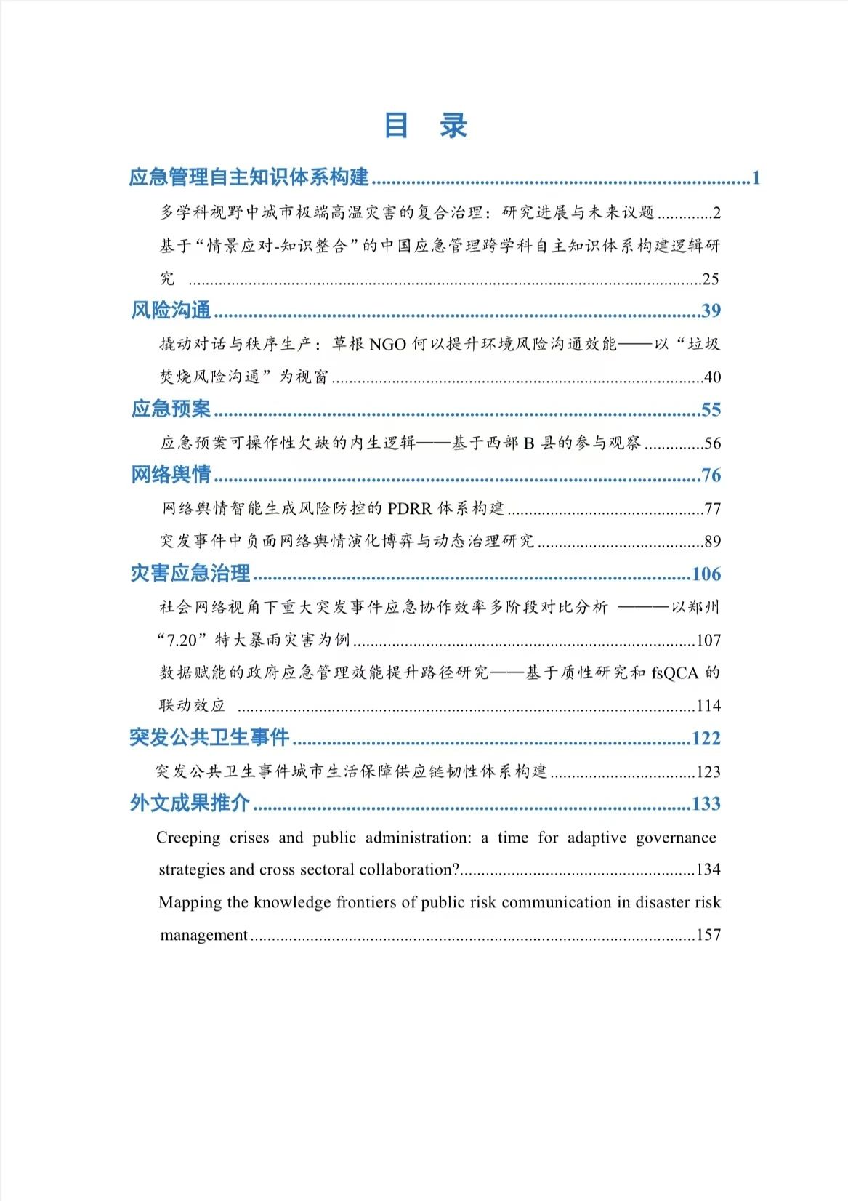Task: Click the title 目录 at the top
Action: (425, 126)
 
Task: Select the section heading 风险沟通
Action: (171, 310)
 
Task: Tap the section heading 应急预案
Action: (171, 409)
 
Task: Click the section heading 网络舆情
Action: (171, 475)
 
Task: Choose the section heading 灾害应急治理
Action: (190, 573)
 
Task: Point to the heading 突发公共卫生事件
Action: (210, 738)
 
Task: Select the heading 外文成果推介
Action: (190, 803)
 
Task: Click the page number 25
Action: (711, 278)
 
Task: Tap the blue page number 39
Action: (711, 311)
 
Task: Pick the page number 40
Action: (712, 377)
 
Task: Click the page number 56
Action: (712, 443)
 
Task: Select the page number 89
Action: (712, 541)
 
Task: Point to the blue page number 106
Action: (706, 574)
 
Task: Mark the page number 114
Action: (708, 705)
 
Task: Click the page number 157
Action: (708, 935)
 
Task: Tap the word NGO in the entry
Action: (387, 344)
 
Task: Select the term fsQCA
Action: (674, 673)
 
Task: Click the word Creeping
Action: (188, 838)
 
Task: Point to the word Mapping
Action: (190, 902)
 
